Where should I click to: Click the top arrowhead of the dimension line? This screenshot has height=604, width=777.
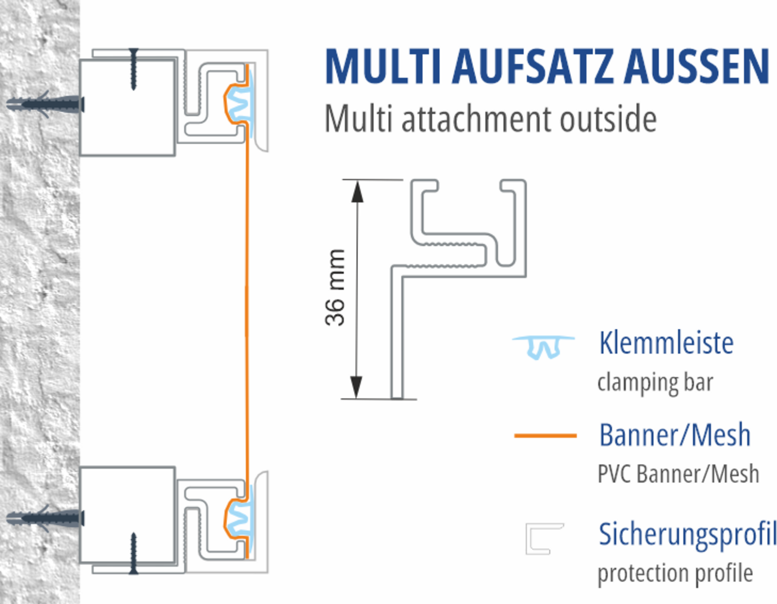357,191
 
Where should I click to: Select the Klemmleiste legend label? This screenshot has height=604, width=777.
666,343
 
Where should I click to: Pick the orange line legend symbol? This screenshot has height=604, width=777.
545,435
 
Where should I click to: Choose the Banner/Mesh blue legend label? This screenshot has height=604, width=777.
675,435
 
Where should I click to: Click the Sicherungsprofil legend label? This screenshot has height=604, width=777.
687,535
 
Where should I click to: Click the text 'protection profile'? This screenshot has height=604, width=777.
675,573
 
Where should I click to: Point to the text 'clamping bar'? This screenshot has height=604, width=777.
655,383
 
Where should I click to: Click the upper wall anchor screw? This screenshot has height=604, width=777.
45,105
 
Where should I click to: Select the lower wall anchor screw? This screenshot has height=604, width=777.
45,518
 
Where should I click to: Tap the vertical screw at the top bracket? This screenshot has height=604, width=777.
133,69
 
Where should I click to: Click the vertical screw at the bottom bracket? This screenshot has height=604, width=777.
133,553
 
